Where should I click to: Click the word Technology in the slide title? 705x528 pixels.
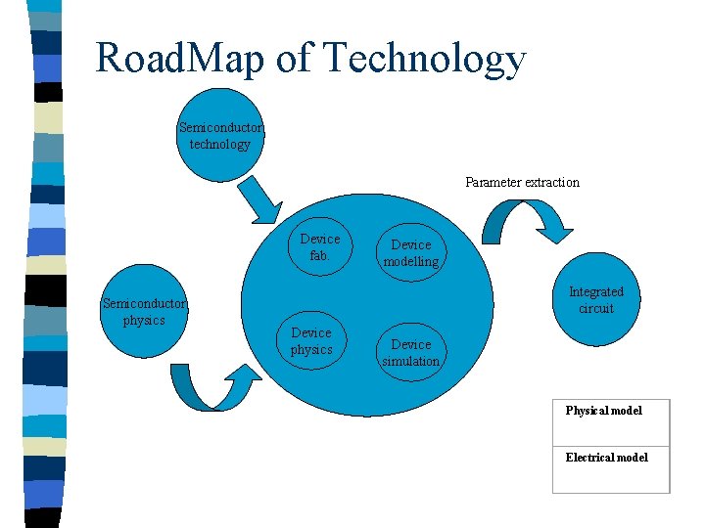click(x=423, y=59)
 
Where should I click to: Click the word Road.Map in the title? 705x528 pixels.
click(x=180, y=59)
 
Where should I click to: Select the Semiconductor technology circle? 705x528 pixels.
click(x=220, y=136)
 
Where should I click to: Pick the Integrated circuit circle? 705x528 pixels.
click(x=596, y=299)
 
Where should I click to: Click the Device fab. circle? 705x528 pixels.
click(x=319, y=246)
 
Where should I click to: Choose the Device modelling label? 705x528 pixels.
click(x=411, y=253)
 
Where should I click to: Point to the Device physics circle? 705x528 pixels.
click(x=311, y=341)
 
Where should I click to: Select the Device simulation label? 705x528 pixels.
click(x=411, y=352)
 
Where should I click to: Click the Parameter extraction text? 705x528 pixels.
click(x=522, y=182)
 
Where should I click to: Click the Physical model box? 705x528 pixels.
click(x=611, y=421)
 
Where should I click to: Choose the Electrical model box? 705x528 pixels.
click(x=611, y=469)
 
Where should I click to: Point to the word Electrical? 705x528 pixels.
click(x=588, y=457)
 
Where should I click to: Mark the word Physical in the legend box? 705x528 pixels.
click(x=586, y=410)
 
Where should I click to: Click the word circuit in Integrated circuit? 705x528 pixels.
click(x=596, y=308)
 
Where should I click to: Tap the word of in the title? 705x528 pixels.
click(x=296, y=59)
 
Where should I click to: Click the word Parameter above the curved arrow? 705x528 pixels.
click(x=493, y=182)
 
